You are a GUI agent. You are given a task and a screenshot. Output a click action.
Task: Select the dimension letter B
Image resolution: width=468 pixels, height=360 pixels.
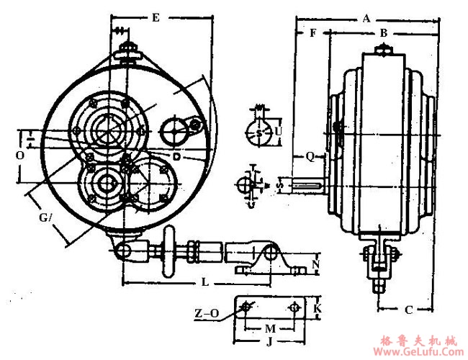[x=384, y=33]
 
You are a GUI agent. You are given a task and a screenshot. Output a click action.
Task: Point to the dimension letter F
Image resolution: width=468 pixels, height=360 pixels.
[x=312, y=33]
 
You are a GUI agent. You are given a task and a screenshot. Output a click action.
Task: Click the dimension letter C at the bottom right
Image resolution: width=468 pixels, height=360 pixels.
[x=408, y=310]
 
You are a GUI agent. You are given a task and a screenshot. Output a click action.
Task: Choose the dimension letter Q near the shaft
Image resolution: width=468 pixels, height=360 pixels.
[x=309, y=156]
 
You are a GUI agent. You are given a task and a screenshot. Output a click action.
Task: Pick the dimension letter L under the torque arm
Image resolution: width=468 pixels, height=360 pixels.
[x=204, y=283]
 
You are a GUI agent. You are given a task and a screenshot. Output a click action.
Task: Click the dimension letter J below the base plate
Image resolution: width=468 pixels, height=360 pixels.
[x=269, y=341]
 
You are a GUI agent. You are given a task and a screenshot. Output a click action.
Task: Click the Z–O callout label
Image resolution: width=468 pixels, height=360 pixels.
[x=205, y=314]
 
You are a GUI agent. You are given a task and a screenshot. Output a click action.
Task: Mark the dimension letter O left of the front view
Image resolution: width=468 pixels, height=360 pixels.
[x=19, y=155]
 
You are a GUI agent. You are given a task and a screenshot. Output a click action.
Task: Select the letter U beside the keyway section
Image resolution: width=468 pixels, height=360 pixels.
[x=279, y=132]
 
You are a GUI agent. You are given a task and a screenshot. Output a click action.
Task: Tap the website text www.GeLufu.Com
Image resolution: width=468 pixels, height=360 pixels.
[x=416, y=352]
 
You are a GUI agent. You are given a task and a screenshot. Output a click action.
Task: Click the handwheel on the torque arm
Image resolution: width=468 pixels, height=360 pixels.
[x=171, y=252]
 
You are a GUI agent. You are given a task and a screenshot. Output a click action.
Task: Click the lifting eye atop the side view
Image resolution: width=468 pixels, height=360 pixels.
[x=384, y=50]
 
